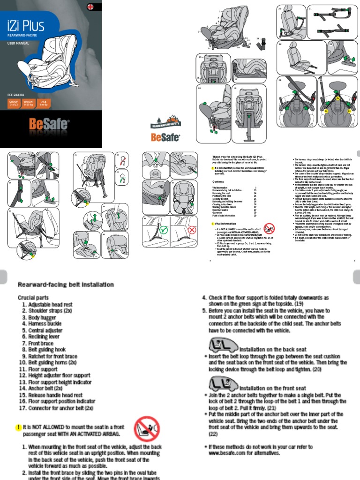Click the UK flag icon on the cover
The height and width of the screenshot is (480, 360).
91,7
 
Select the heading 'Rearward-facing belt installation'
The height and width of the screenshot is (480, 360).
66,285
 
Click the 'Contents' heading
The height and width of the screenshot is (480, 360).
218,181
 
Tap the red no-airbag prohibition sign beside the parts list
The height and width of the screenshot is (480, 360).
147,429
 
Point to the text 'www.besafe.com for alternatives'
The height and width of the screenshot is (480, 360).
244,453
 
